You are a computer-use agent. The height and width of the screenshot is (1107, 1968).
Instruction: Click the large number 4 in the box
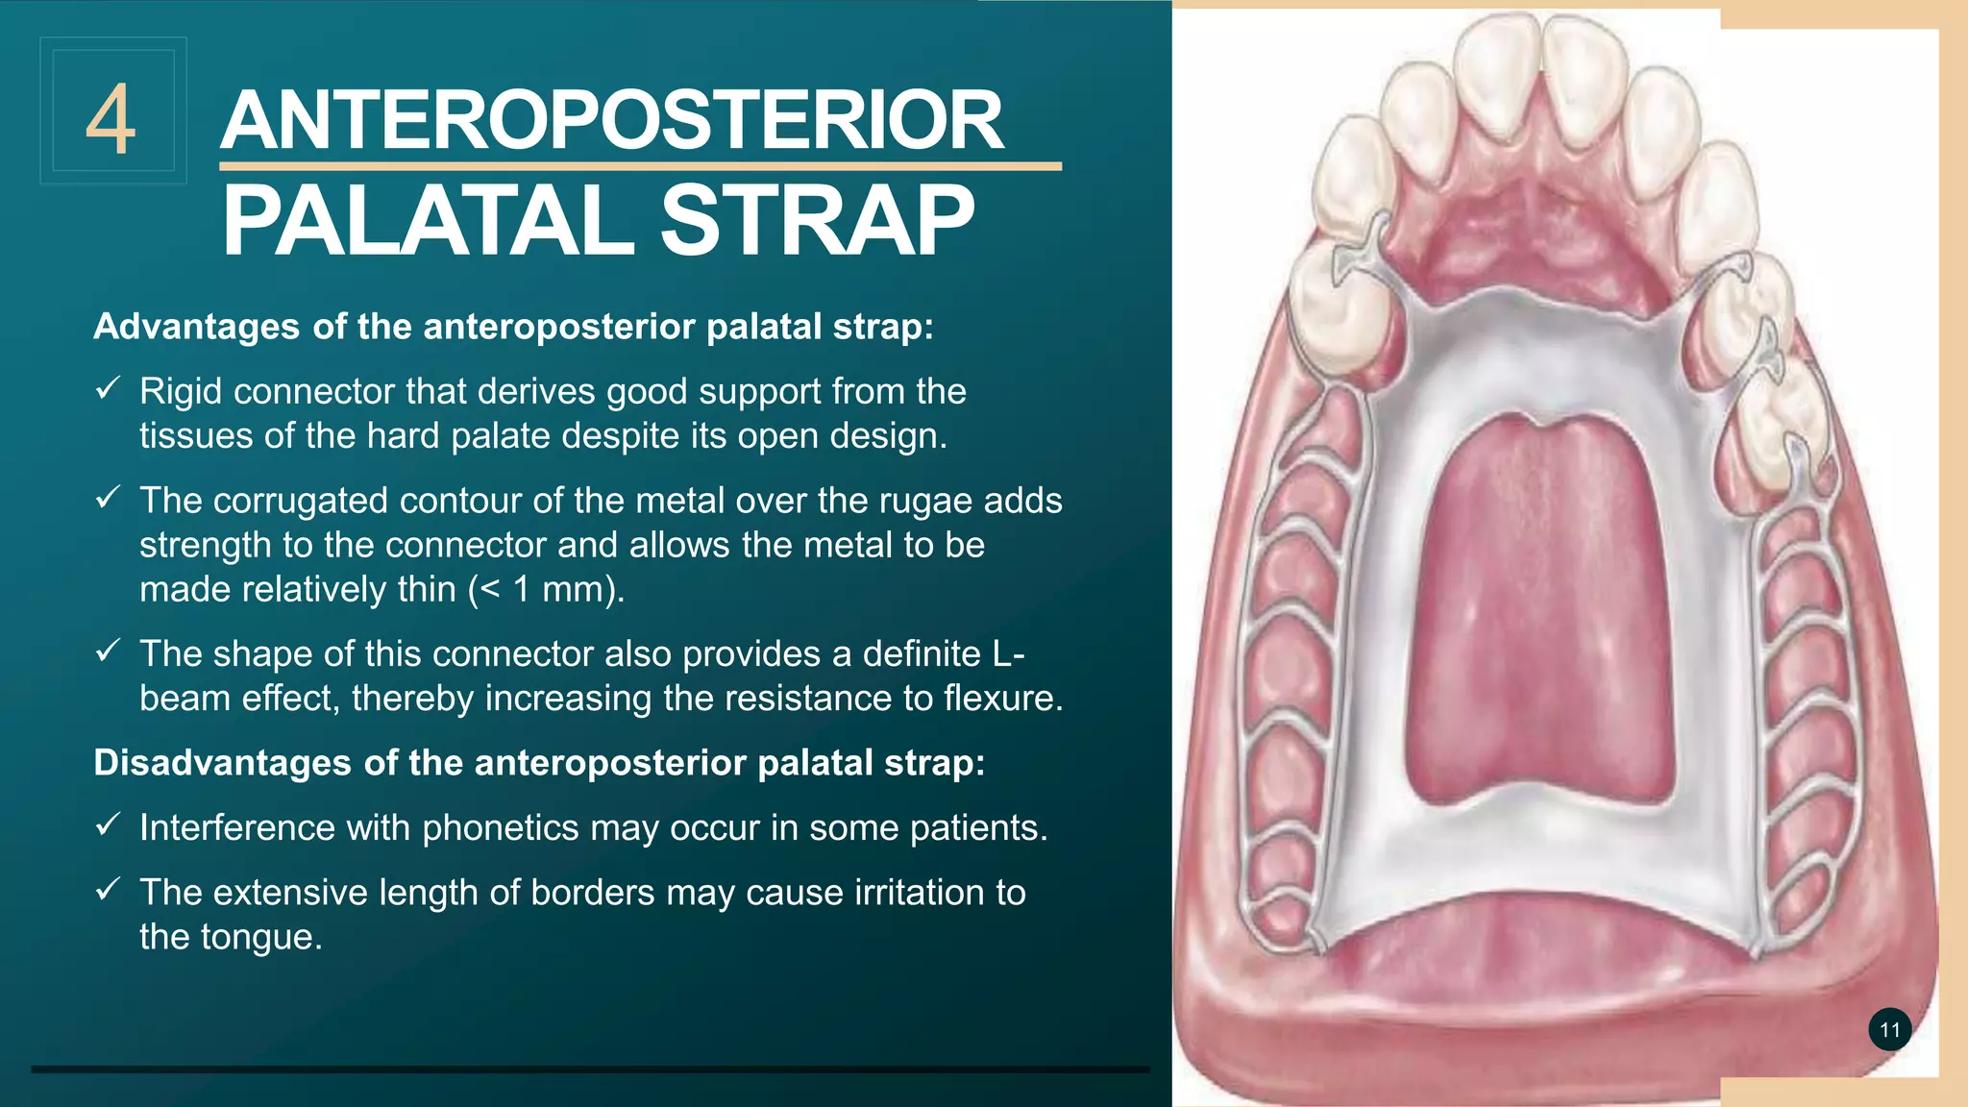(x=111, y=120)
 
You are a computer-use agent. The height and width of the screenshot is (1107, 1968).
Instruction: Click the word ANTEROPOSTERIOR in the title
(x=612, y=121)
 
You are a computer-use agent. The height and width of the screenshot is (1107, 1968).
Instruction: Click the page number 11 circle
(x=1889, y=1030)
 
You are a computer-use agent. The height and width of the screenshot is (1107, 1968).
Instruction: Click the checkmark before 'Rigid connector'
(x=107, y=388)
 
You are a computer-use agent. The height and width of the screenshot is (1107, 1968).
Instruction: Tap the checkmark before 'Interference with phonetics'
(x=107, y=824)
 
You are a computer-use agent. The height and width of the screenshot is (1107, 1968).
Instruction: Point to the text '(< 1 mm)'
(x=546, y=589)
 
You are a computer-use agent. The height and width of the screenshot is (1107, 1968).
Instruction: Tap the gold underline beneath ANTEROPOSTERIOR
(x=640, y=166)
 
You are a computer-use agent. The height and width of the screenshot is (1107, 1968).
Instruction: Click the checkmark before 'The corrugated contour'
(x=107, y=498)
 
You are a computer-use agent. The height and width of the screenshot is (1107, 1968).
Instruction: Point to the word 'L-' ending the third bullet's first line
(x=1008, y=653)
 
